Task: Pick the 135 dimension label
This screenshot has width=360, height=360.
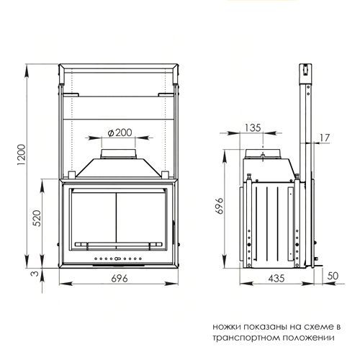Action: tap(252, 128)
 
